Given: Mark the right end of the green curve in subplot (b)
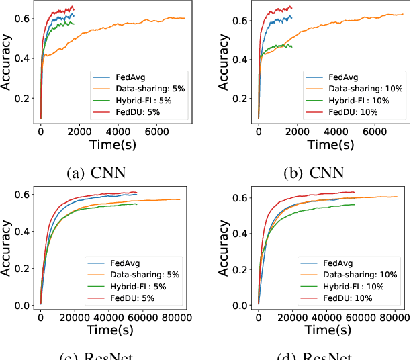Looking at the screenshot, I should pos(292,46).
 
